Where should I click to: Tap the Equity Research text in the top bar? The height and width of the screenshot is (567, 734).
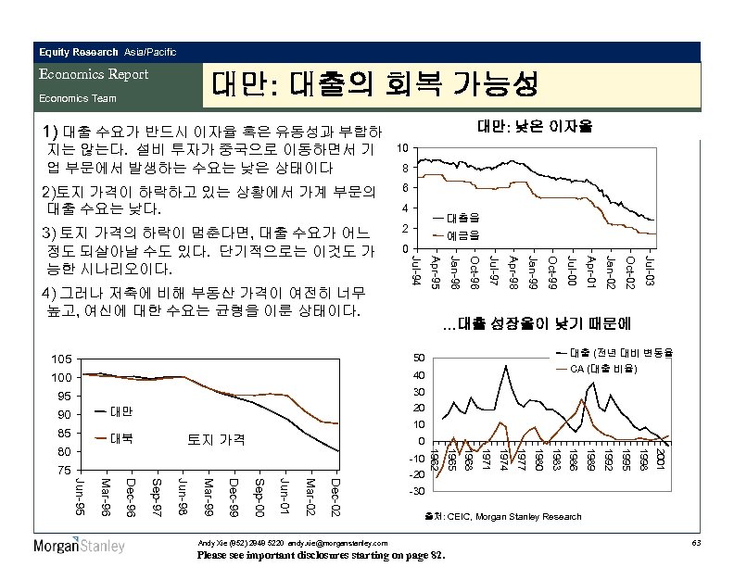pos(78,51)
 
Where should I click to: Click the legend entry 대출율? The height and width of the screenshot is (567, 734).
pos(462,218)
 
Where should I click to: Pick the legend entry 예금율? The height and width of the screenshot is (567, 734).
pos(462,235)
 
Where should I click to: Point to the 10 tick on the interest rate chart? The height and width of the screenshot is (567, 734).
pos(401,149)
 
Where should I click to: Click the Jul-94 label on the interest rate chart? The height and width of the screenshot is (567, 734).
pos(416,268)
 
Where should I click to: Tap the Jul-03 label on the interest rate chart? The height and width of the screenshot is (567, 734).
pos(652,268)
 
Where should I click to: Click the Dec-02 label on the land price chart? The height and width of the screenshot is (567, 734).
pos(336,497)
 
